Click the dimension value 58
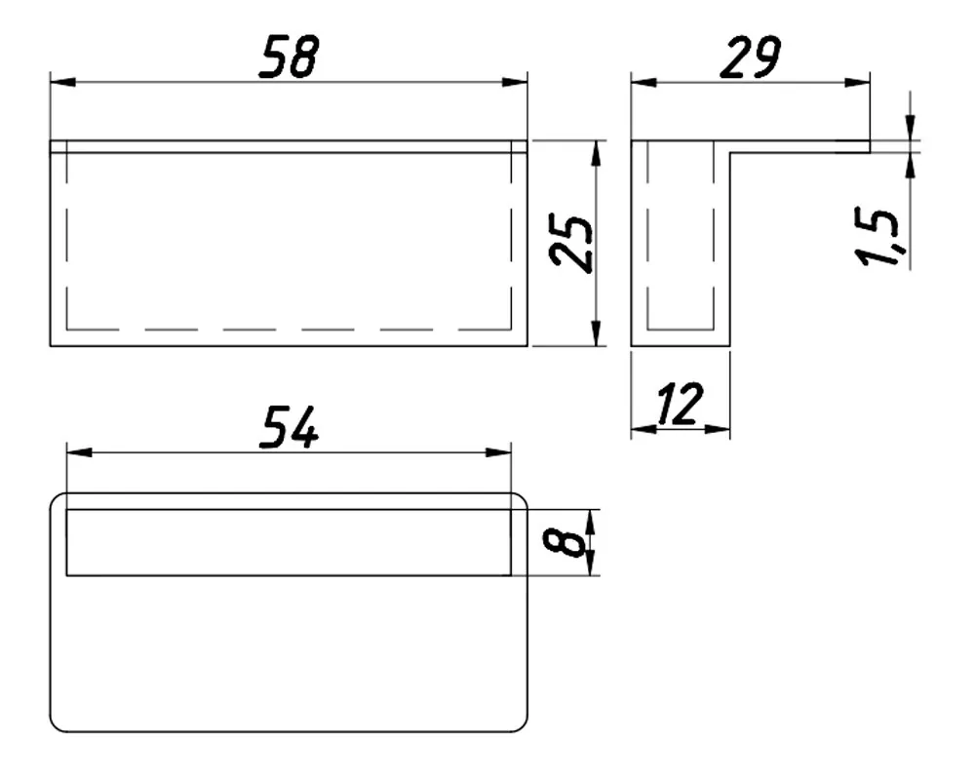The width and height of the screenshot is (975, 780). tap(289, 57)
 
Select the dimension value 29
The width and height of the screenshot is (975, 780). tap(750, 58)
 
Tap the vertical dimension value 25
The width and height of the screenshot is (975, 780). tap(571, 243)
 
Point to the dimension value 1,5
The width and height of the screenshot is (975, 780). tap(877, 236)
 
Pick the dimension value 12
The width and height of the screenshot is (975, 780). tap(681, 404)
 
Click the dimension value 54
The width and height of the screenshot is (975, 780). tap(289, 427)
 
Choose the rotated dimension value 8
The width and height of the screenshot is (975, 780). tap(565, 542)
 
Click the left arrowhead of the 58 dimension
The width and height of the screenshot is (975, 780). tap(62, 82)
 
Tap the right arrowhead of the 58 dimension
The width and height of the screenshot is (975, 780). tap(515, 82)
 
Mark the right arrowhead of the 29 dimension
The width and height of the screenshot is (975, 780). tap(857, 82)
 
